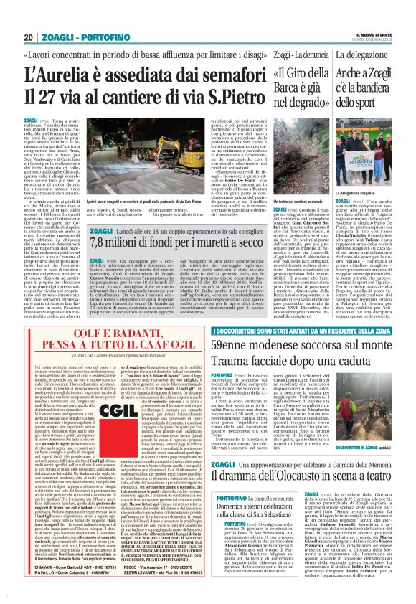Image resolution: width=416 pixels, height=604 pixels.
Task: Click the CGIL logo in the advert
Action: click(x=120, y=405)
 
